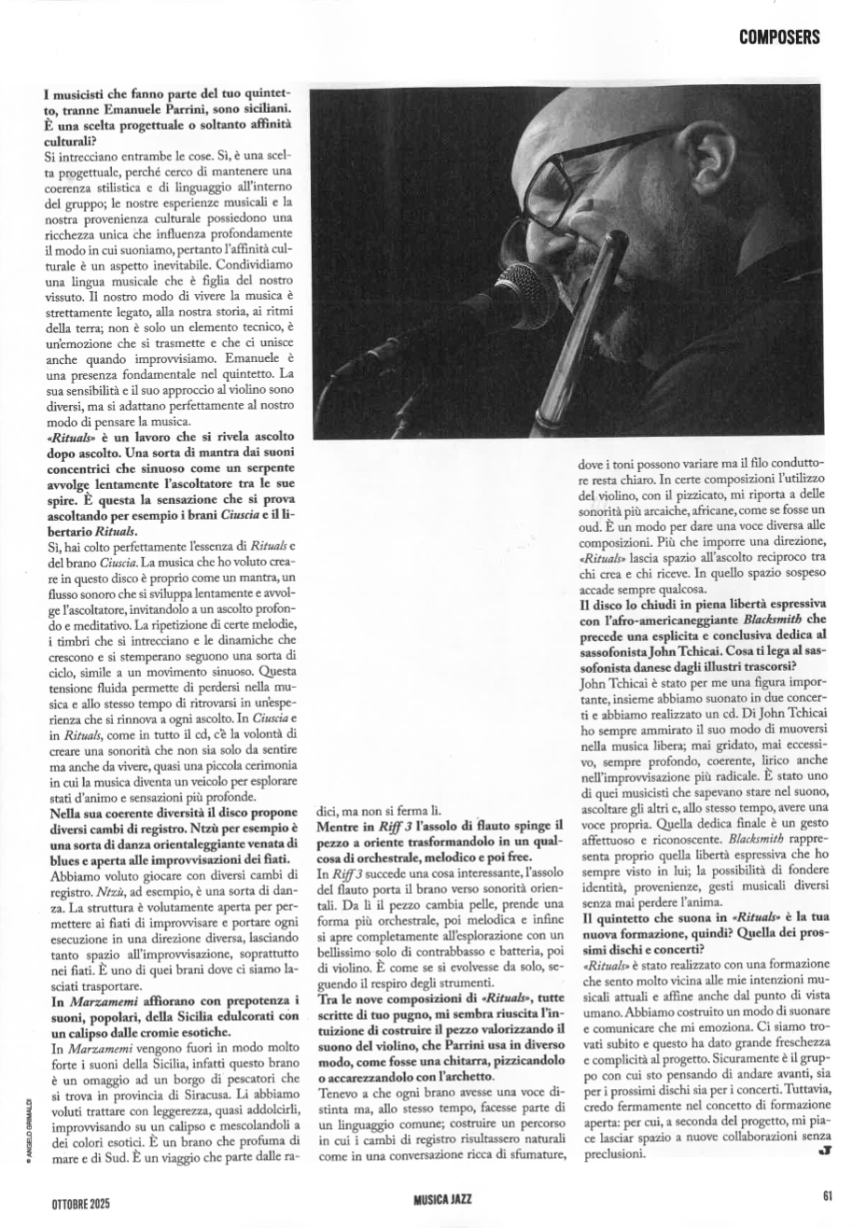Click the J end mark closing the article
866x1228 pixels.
(x=824, y=1152)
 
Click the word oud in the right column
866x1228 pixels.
(x=589, y=527)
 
